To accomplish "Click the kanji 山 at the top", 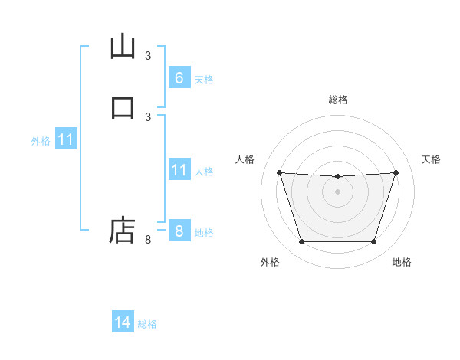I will click(123, 47).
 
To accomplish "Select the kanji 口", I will click(123, 107).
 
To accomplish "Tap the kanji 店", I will click(123, 229).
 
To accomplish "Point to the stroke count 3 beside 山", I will click(148, 55).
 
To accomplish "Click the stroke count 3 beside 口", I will click(148, 116).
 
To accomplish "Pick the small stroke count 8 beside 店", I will click(148, 240).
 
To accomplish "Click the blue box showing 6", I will click(179, 78).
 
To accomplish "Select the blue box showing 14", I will click(123, 323).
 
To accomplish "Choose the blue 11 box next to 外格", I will click(66, 140).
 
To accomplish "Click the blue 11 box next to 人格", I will click(179, 170).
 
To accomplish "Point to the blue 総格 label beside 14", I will click(147, 324).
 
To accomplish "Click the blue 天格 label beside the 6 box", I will click(204, 80).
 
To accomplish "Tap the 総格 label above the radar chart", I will click(337, 100).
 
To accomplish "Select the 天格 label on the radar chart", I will click(432, 159).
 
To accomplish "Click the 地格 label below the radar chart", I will click(402, 263).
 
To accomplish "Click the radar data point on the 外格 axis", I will click(301, 242).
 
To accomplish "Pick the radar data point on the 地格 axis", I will click(373, 242).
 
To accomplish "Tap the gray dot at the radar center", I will click(337, 191).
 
